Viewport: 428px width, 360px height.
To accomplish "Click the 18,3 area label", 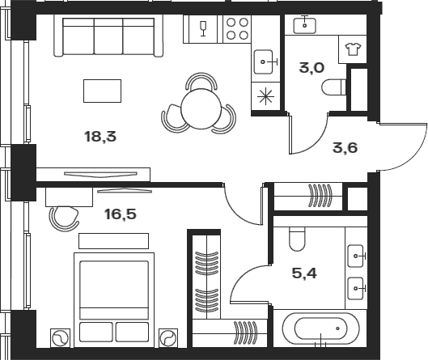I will coord(100,137).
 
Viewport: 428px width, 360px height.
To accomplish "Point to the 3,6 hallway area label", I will coord(345,147).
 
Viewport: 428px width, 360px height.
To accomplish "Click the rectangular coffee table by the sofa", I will coord(103,91).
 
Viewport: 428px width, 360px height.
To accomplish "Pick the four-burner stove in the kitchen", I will coord(236,30).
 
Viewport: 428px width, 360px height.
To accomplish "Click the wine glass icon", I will coord(203,29).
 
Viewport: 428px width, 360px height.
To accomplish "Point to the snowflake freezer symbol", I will coord(265,95).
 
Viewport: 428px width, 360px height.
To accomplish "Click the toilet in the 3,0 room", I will coord(332,87).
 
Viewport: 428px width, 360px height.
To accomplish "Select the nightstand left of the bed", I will coord(60,337).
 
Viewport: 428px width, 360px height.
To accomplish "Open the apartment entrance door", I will coord(400,147).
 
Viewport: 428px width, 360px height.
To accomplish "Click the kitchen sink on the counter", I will coord(265,60).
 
